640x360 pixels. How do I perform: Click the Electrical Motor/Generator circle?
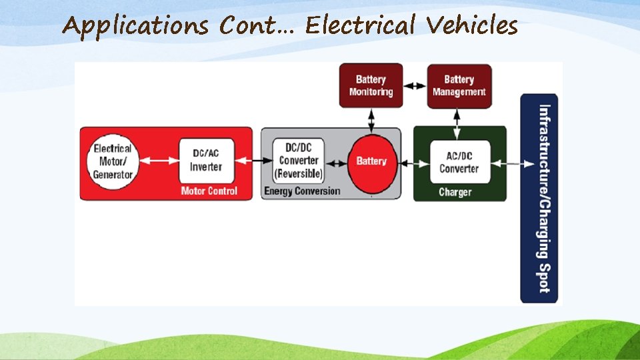[113, 161]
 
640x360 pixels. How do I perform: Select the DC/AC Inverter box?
[205, 161]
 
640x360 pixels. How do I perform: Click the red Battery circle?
[371, 161]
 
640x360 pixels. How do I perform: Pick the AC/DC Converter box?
[459, 162]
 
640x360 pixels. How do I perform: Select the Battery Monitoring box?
[371, 85]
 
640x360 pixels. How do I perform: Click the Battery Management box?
[459, 85]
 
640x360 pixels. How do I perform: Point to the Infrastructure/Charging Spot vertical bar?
[539, 198]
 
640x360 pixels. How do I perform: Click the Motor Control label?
[209, 191]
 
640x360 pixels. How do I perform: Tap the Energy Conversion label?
[301, 191]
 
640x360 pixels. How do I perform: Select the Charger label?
[455, 192]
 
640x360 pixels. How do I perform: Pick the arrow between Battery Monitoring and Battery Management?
[415, 85]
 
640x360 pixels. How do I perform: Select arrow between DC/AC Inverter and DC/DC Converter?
[255, 161]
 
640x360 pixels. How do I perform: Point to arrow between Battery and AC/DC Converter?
[413, 162]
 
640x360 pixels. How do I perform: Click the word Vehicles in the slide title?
[472, 26]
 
